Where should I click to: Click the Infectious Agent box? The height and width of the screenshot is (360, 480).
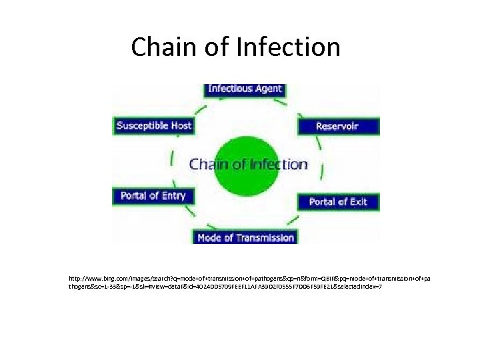click(245, 89)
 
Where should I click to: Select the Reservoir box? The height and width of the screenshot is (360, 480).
click(337, 125)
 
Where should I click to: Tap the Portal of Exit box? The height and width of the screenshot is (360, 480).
click(338, 201)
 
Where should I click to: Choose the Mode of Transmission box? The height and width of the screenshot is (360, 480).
click(245, 237)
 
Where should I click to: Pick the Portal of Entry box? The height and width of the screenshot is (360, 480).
click(153, 196)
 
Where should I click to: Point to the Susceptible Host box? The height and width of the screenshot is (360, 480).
click(154, 125)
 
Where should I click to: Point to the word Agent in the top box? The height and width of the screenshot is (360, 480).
click(268, 89)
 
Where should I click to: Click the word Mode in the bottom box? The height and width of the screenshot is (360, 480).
click(210, 237)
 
